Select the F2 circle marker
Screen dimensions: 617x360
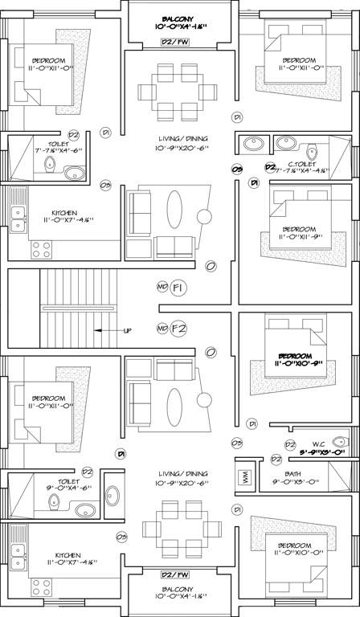point(178,328)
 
